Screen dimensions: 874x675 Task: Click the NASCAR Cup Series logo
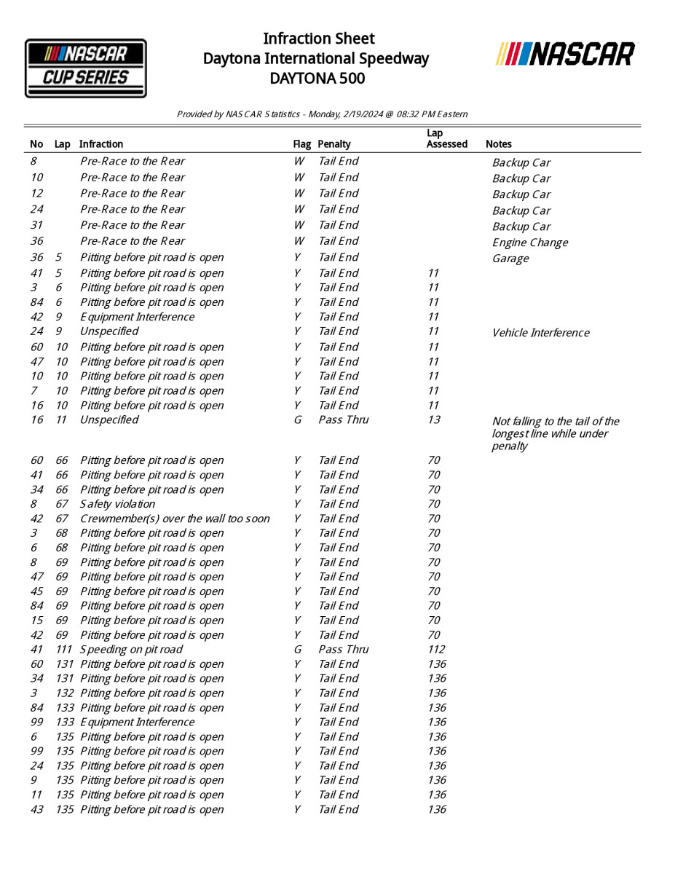point(86,68)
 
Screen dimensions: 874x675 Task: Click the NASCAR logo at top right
point(565,54)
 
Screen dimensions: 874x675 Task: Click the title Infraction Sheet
point(318,39)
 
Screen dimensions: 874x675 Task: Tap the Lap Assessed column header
point(446,138)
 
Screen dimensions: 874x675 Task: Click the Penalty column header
point(333,144)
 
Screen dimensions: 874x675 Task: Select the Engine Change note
point(529,243)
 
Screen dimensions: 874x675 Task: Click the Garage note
point(510,259)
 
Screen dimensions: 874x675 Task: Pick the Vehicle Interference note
point(540,333)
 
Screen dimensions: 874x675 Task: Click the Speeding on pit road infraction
point(131,650)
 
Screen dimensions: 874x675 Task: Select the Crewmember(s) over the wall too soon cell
point(175,519)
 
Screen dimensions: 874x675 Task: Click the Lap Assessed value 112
point(436,650)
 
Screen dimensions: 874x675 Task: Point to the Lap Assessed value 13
point(434,420)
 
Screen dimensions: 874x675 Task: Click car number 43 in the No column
point(36,810)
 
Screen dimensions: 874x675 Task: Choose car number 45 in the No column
point(36,591)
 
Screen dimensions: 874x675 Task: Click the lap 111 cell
point(64,650)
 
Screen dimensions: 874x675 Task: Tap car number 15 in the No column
point(36,621)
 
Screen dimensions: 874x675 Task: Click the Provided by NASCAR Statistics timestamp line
point(322,114)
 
